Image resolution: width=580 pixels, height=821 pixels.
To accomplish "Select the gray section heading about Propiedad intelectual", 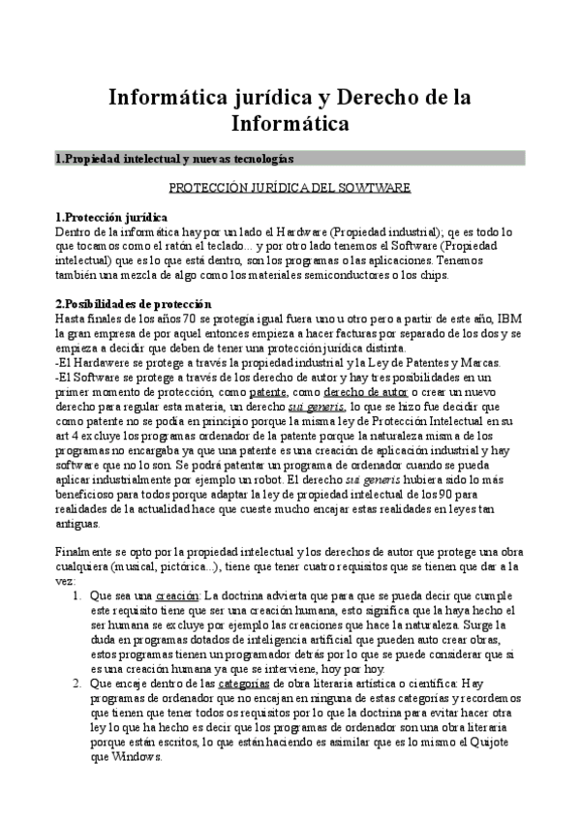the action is (x=175, y=158).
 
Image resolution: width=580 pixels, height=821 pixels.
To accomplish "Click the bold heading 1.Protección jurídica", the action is (x=111, y=217).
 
